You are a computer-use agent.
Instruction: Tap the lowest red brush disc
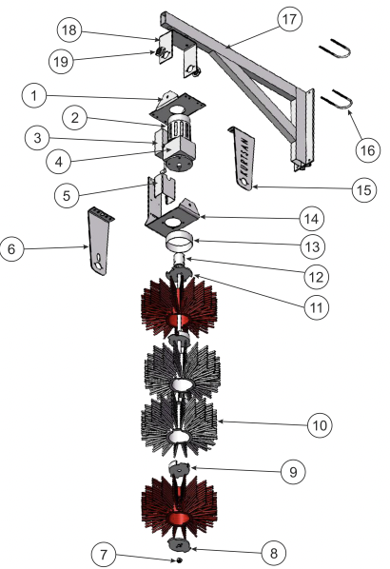(x=180, y=502)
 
